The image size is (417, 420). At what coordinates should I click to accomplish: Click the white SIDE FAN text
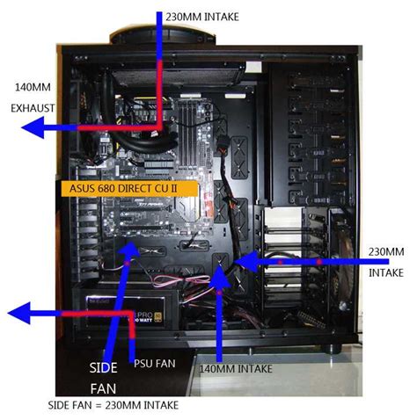point(103,375)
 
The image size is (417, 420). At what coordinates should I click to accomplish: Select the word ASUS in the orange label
point(76,188)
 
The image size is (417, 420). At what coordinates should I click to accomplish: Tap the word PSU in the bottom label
point(143,361)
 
